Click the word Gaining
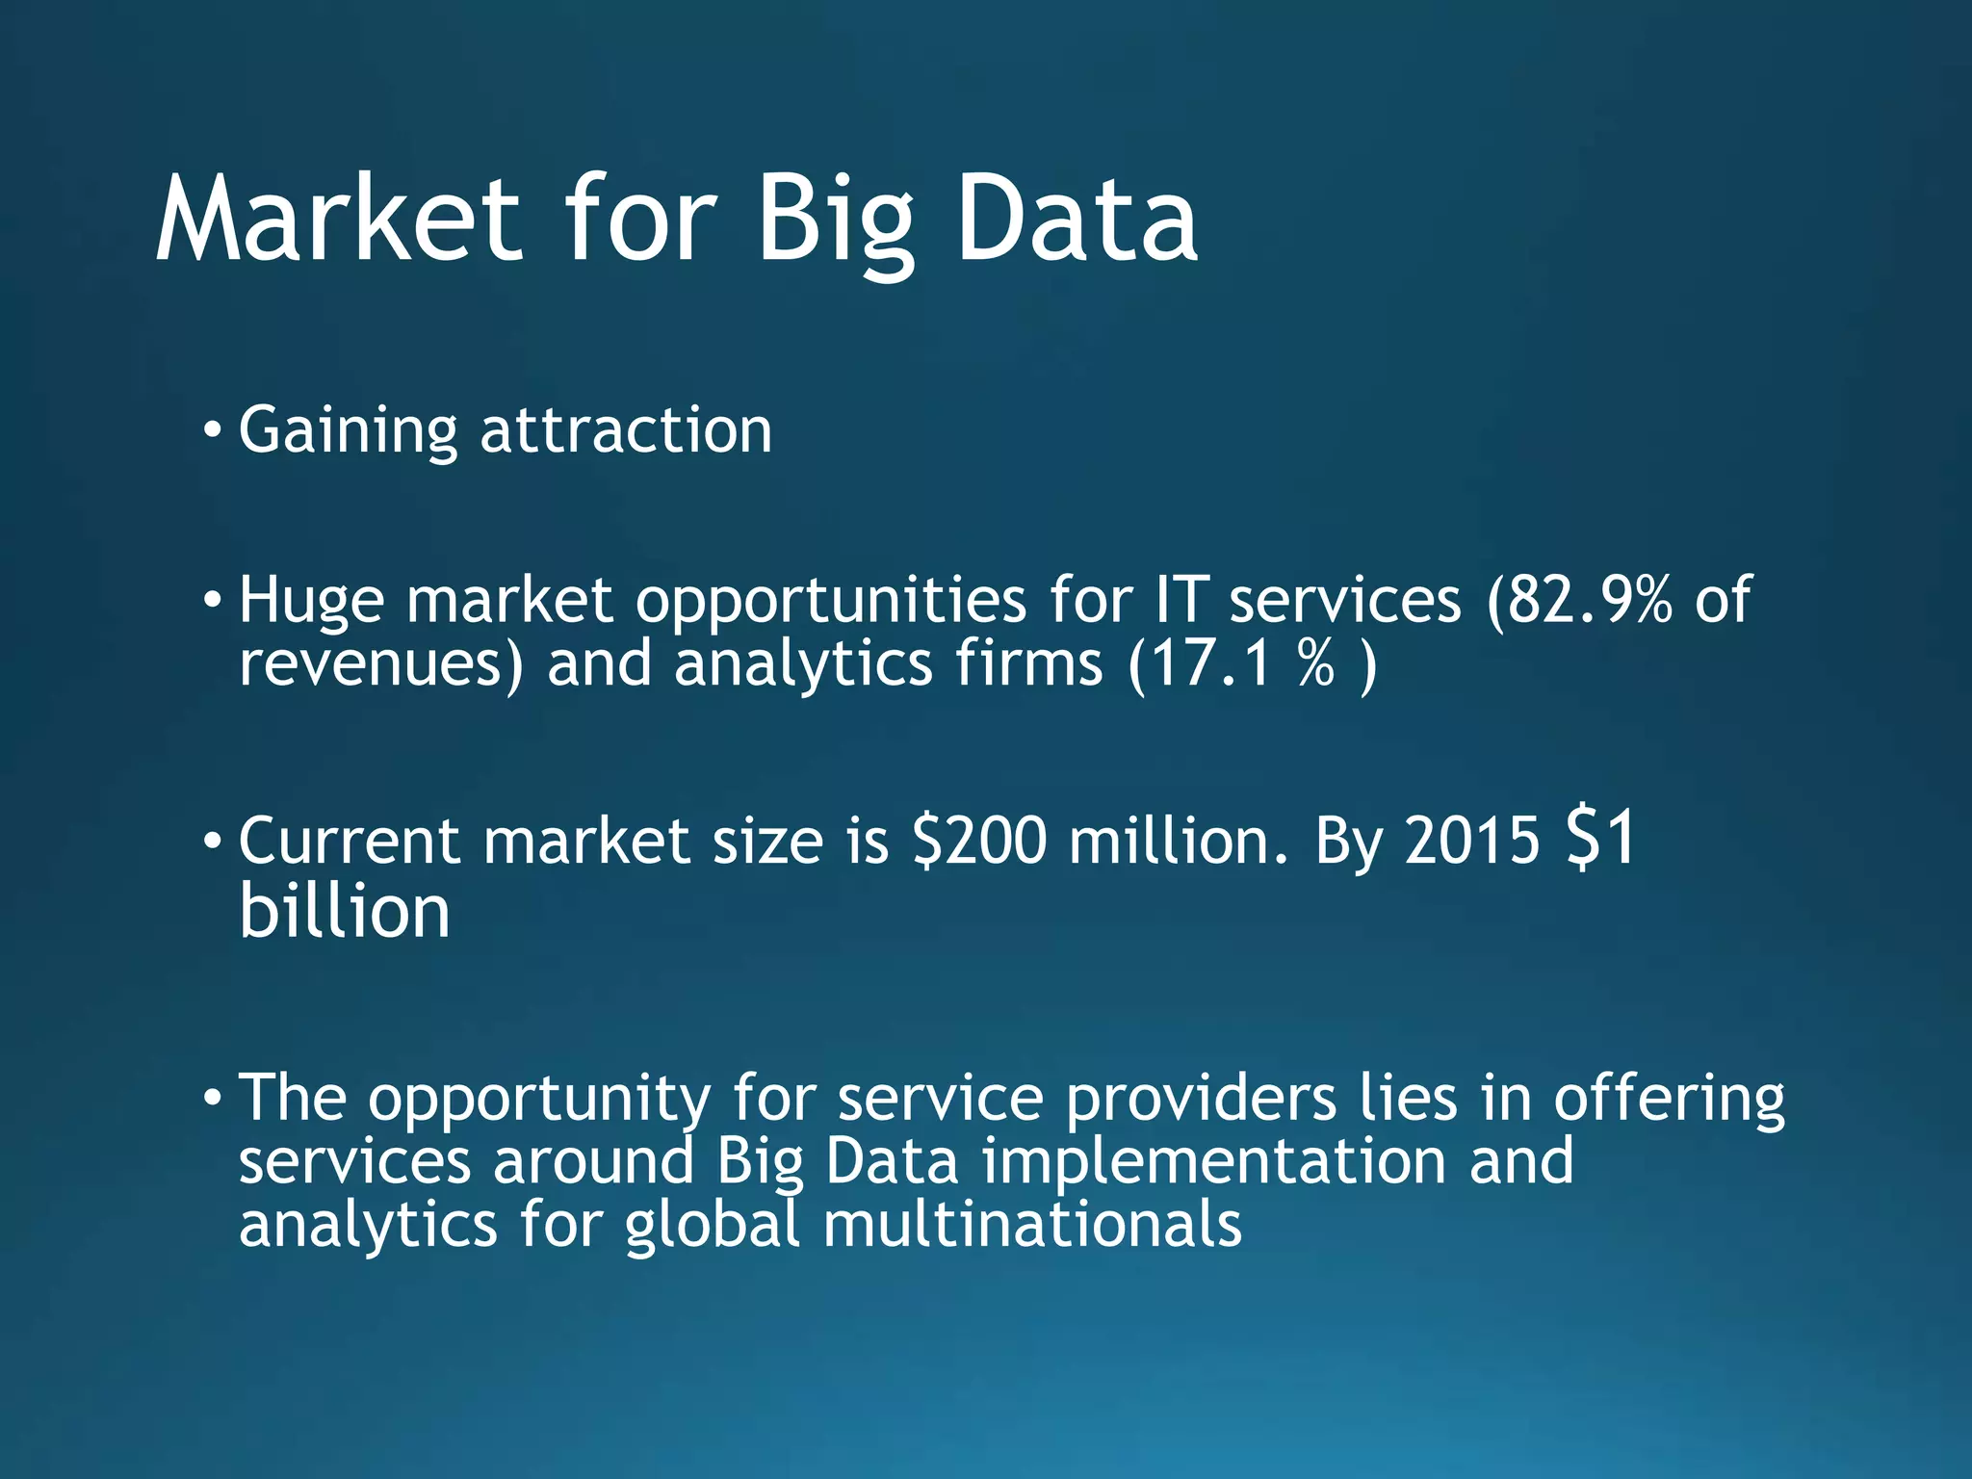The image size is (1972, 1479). click(x=348, y=430)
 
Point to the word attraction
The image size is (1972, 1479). click(x=626, y=430)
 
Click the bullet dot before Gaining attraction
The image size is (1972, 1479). click(x=212, y=428)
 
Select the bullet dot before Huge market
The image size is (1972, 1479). click(x=212, y=600)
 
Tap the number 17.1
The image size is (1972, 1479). click(x=1210, y=664)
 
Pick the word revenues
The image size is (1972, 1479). click(x=380, y=664)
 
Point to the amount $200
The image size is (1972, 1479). click(x=978, y=841)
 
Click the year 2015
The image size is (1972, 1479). click(x=1472, y=841)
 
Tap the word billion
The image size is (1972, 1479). click(x=345, y=911)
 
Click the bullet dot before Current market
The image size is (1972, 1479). click(x=212, y=841)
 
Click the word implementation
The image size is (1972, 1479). click(x=1214, y=1161)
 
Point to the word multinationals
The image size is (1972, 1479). click(x=1032, y=1225)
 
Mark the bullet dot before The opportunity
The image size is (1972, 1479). click(x=212, y=1097)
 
